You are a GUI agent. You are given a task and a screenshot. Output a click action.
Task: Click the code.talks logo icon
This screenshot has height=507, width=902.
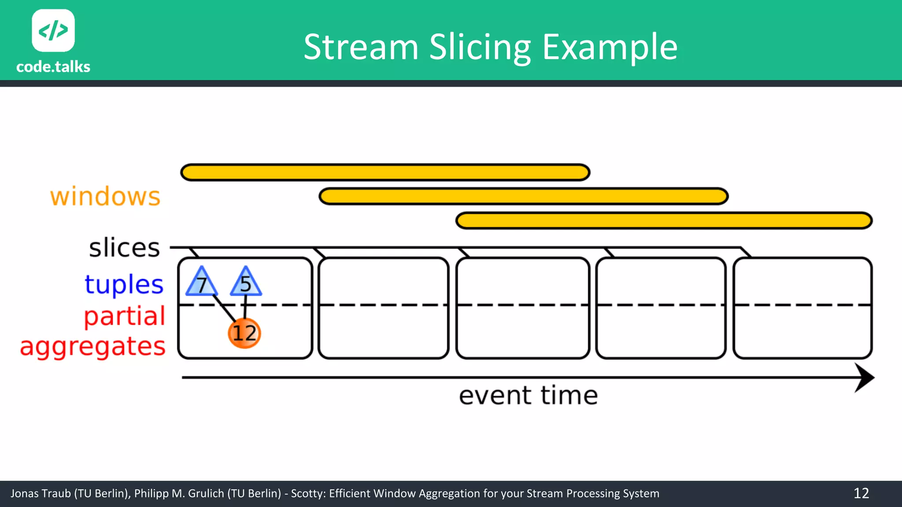point(53,30)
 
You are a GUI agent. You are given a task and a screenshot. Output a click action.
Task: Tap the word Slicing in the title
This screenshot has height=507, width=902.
point(480,47)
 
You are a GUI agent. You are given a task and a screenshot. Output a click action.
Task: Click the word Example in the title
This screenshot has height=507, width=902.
point(610,47)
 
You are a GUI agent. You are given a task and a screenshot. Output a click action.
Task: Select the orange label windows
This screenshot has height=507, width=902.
point(105,196)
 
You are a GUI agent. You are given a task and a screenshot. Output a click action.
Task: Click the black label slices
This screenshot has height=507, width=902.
point(124,248)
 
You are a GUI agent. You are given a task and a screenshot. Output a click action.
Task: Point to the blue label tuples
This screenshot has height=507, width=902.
point(124,284)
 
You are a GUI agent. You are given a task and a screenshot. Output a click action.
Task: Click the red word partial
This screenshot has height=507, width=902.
point(125,316)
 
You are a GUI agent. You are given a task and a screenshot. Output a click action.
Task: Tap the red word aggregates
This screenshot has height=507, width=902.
point(93,346)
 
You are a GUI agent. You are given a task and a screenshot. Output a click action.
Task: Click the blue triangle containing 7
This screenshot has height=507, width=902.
point(202,283)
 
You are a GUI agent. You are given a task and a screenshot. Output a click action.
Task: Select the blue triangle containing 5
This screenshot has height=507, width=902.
point(246,283)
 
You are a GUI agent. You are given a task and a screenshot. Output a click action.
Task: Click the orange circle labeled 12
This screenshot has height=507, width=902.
point(244,333)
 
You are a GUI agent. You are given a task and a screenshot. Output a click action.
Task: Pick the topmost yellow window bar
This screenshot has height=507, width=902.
point(385,173)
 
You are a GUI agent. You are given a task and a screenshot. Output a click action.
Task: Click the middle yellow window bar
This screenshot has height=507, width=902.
point(523,196)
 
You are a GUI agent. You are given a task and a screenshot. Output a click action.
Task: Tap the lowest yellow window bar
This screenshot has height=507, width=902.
point(664,220)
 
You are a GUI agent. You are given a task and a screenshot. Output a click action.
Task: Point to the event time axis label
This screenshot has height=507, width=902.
point(528,395)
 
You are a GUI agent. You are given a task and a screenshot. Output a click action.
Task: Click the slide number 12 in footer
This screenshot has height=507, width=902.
point(861,493)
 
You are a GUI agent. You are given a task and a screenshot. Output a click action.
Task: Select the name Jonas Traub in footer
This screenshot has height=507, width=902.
point(41,493)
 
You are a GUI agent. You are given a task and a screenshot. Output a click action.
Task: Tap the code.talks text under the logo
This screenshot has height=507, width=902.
point(53,67)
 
